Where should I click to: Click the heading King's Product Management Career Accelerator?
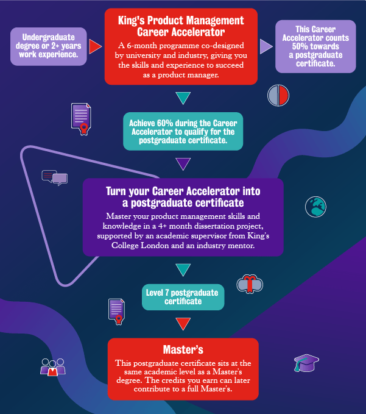pyautogui.click(x=180, y=26)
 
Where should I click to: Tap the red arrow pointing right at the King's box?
pyautogui.click(x=95, y=46)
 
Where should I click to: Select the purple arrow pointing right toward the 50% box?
pyautogui.click(x=266, y=46)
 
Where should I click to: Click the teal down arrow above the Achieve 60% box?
pyautogui.click(x=183, y=98)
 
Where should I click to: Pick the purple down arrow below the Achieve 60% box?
pyautogui.click(x=183, y=164)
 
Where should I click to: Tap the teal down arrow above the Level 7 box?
pyautogui.click(x=183, y=269)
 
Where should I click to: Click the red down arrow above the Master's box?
pyautogui.click(x=183, y=323)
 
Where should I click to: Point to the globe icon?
pyautogui.click(x=316, y=207)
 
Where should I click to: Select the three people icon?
pyautogui.click(x=52, y=366)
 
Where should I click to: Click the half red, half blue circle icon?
pyautogui.click(x=278, y=95)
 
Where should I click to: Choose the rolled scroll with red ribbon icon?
pyautogui.click(x=250, y=284)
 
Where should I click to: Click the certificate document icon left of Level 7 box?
pyautogui.click(x=116, y=311)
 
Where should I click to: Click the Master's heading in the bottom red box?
pyautogui.click(x=183, y=349)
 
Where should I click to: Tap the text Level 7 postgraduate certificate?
pyautogui.click(x=183, y=296)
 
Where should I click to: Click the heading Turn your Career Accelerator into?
pyautogui.click(x=183, y=191)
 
